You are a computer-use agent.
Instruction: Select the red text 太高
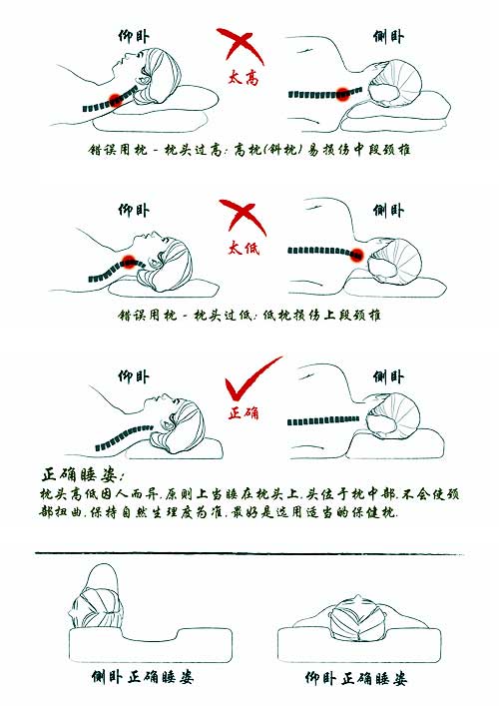(x=244, y=78)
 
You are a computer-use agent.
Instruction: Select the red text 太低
(x=245, y=248)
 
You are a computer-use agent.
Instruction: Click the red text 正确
(x=244, y=412)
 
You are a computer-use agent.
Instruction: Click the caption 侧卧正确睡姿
(x=140, y=678)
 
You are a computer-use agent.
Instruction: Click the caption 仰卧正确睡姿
(x=356, y=678)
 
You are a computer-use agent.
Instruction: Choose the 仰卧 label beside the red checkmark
(x=134, y=376)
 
